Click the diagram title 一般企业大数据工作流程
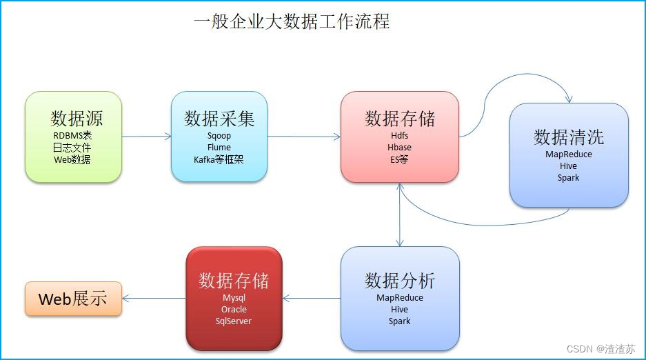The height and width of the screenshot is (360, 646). (x=292, y=21)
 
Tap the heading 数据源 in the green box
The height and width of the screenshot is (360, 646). (x=77, y=118)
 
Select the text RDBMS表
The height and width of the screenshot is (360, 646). (x=72, y=135)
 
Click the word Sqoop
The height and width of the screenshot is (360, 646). (x=219, y=136)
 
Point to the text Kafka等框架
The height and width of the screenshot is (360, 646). (x=219, y=159)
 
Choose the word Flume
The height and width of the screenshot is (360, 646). (x=219, y=148)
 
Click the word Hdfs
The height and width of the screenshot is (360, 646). (x=400, y=135)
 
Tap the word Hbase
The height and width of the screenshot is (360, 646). (x=400, y=148)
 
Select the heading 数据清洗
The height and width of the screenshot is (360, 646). (x=569, y=137)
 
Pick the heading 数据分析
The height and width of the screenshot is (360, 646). (x=400, y=281)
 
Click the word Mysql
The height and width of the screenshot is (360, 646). (x=234, y=298)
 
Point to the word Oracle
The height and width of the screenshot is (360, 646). (x=234, y=310)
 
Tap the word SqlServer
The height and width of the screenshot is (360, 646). (x=234, y=321)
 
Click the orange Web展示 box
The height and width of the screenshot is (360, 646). (x=73, y=299)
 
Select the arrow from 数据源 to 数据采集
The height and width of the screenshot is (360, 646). (x=147, y=137)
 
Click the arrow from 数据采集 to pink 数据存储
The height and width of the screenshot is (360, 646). (x=304, y=137)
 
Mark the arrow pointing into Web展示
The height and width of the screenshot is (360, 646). (x=154, y=298)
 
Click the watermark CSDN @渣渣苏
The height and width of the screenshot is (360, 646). (x=600, y=349)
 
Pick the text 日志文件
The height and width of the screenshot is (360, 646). (x=72, y=148)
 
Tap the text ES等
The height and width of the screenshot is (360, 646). (x=399, y=159)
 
